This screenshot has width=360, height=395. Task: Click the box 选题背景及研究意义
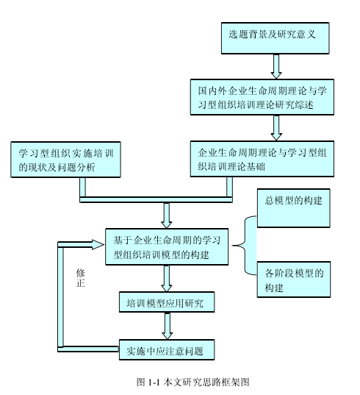click(x=276, y=38)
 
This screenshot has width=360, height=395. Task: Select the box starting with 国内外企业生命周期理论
click(x=262, y=97)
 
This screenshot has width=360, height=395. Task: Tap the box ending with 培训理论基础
click(x=262, y=159)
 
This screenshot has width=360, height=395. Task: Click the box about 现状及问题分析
click(x=65, y=160)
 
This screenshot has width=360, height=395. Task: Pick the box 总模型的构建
click(x=294, y=208)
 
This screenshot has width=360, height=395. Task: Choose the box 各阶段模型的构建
click(x=294, y=280)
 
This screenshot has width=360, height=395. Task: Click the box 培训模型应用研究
click(x=167, y=302)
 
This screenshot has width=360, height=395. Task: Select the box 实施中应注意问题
click(x=167, y=349)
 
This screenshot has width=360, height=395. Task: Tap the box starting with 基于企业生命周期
click(x=167, y=246)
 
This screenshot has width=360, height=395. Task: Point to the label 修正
click(x=81, y=278)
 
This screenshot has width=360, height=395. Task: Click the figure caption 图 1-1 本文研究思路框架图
click(x=192, y=382)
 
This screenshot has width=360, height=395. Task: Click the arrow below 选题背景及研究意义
click(x=276, y=66)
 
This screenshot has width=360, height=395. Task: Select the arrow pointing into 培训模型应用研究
click(x=167, y=278)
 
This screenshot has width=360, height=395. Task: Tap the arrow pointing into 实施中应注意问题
click(x=167, y=326)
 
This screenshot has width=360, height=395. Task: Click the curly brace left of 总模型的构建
click(x=245, y=246)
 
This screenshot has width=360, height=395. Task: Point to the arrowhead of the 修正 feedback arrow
click(x=98, y=245)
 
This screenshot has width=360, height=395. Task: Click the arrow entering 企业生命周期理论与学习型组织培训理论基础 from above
click(x=276, y=128)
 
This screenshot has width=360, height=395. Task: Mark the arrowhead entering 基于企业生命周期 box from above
click(x=167, y=224)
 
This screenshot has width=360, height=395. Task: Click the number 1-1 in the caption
click(x=154, y=382)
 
